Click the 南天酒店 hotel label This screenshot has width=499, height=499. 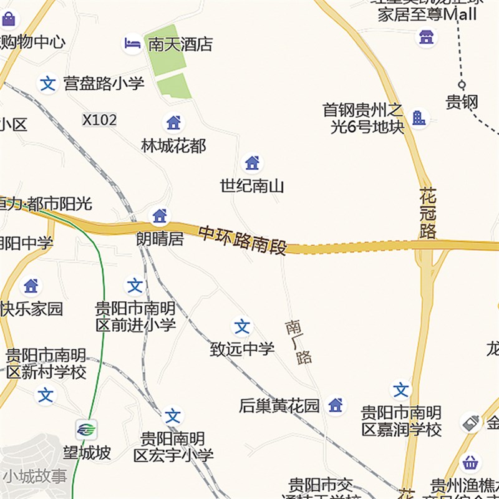[x=180, y=44]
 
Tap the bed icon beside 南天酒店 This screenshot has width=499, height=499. [x=132, y=44]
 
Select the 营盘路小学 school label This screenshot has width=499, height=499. [x=104, y=84]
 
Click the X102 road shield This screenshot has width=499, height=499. [x=99, y=120]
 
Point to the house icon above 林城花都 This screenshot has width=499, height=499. [x=173, y=122]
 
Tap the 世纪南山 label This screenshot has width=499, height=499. [x=252, y=186]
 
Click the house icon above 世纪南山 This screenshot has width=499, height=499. [x=252, y=163]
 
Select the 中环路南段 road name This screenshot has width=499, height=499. [x=243, y=240]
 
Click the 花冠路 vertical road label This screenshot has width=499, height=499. [x=428, y=213]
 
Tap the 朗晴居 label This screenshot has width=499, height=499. [x=160, y=239]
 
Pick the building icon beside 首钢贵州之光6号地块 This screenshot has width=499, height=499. [x=419, y=117]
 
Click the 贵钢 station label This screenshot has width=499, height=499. [x=462, y=102]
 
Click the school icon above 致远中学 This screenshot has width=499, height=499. [x=242, y=327]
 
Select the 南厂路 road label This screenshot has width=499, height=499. [x=299, y=342]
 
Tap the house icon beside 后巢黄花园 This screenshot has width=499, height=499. [x=336, y=405]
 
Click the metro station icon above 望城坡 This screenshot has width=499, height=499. [x=87, y=429]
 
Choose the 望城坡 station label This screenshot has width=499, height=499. [x=87, y=453]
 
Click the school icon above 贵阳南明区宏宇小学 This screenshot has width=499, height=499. [x=173, y=416]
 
